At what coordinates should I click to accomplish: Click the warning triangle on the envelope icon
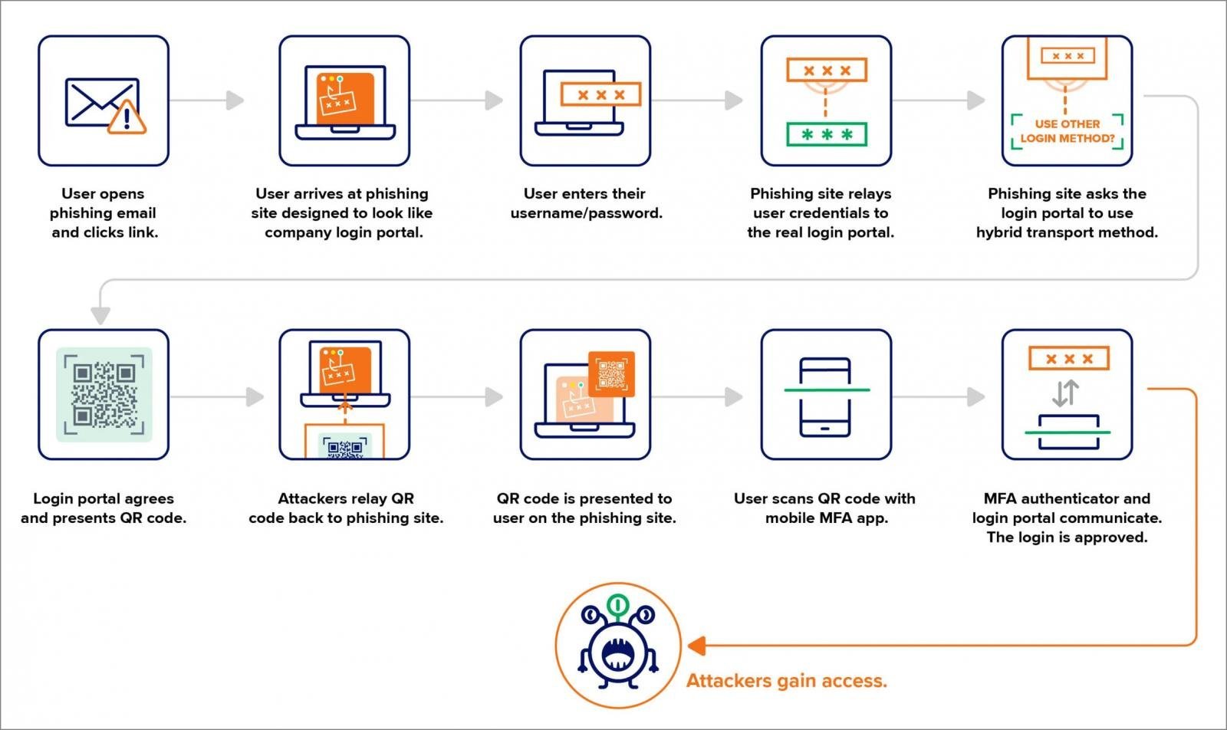coord(127,118)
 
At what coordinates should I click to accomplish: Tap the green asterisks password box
coord(826,135)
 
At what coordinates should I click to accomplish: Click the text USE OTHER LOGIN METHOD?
coord(1067,131)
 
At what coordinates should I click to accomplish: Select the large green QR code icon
coord(104,395)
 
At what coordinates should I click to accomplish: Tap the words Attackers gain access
coord(786,680)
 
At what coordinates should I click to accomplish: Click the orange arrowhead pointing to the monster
coord(696,646)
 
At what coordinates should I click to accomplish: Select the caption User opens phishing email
coord(103,212)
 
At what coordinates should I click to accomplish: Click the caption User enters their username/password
coord(586,203)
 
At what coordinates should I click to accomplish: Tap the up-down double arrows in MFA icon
coord(1065,393)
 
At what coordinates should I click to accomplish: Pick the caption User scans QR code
coord(824,508)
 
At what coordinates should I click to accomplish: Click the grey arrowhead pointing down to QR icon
coord(100,315)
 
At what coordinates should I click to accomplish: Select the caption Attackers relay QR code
coord(345,508)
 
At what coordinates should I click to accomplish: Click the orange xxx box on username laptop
coord(600,94)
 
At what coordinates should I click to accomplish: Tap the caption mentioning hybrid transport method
coord(1066,212)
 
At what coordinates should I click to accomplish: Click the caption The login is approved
coord(1066,537)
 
